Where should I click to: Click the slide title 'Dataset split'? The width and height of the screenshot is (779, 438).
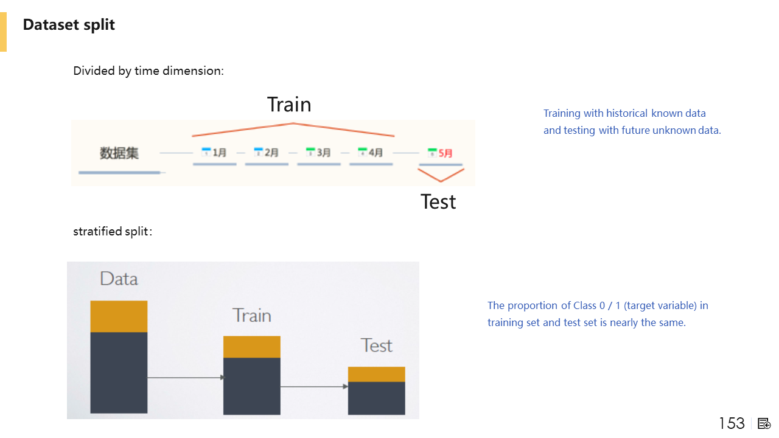(69, 25)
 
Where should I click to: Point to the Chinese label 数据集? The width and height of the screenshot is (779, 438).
(119, 153)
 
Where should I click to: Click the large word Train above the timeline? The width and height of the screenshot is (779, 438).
(289, 104)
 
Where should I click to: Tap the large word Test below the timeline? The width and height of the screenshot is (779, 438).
(438, 202)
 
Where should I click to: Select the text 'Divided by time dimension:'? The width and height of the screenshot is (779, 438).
(148, 71)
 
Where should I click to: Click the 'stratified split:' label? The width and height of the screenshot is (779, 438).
(113, 232)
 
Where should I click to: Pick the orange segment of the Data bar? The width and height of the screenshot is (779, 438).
(119, 316)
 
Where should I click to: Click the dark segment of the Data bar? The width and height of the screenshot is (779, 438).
(119, 373)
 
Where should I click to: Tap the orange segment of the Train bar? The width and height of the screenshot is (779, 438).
(252, 347)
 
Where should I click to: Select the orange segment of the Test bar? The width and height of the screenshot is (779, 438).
(377, 374)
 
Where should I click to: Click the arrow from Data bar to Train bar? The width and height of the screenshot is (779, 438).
(186, 378)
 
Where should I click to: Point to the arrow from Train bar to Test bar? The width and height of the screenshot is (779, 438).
(314, 386)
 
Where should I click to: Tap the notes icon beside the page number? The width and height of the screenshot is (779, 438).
(764, 424)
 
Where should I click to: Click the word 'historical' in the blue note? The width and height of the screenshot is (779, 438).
(627, 113)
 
